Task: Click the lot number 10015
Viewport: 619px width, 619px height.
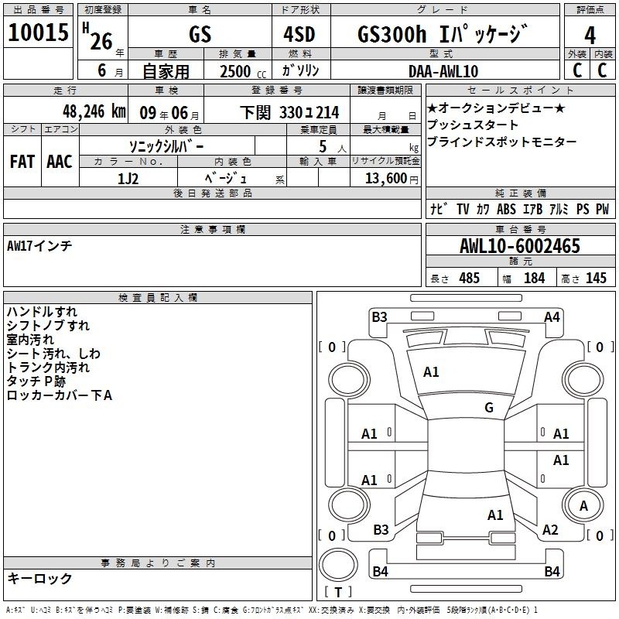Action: click(x=38, y=32)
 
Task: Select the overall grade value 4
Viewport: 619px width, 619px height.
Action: click(x=590, y=36)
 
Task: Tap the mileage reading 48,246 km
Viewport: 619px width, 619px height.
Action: click(x=94, y=111)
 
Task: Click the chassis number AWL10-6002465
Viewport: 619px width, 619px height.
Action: click(x=520, y=246)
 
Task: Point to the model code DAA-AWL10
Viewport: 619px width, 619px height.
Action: click(x=443, y=71)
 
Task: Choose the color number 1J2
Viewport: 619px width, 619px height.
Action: click(x=128, y=179)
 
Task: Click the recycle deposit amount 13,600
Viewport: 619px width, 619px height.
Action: click(x=385, y=179)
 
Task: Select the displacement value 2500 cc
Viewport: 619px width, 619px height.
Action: click(x=243, y=72)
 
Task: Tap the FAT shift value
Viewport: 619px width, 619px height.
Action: click(x=22, y=162)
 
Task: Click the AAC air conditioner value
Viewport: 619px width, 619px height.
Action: click(x=60, y=162)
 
